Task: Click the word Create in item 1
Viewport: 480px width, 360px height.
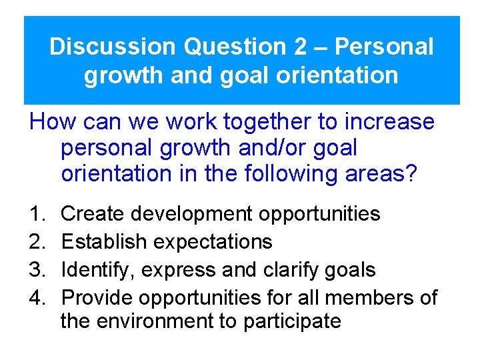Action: (93, 214)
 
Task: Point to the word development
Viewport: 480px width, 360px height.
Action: (192, 214)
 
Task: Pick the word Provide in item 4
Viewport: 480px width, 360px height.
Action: (98, 297)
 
